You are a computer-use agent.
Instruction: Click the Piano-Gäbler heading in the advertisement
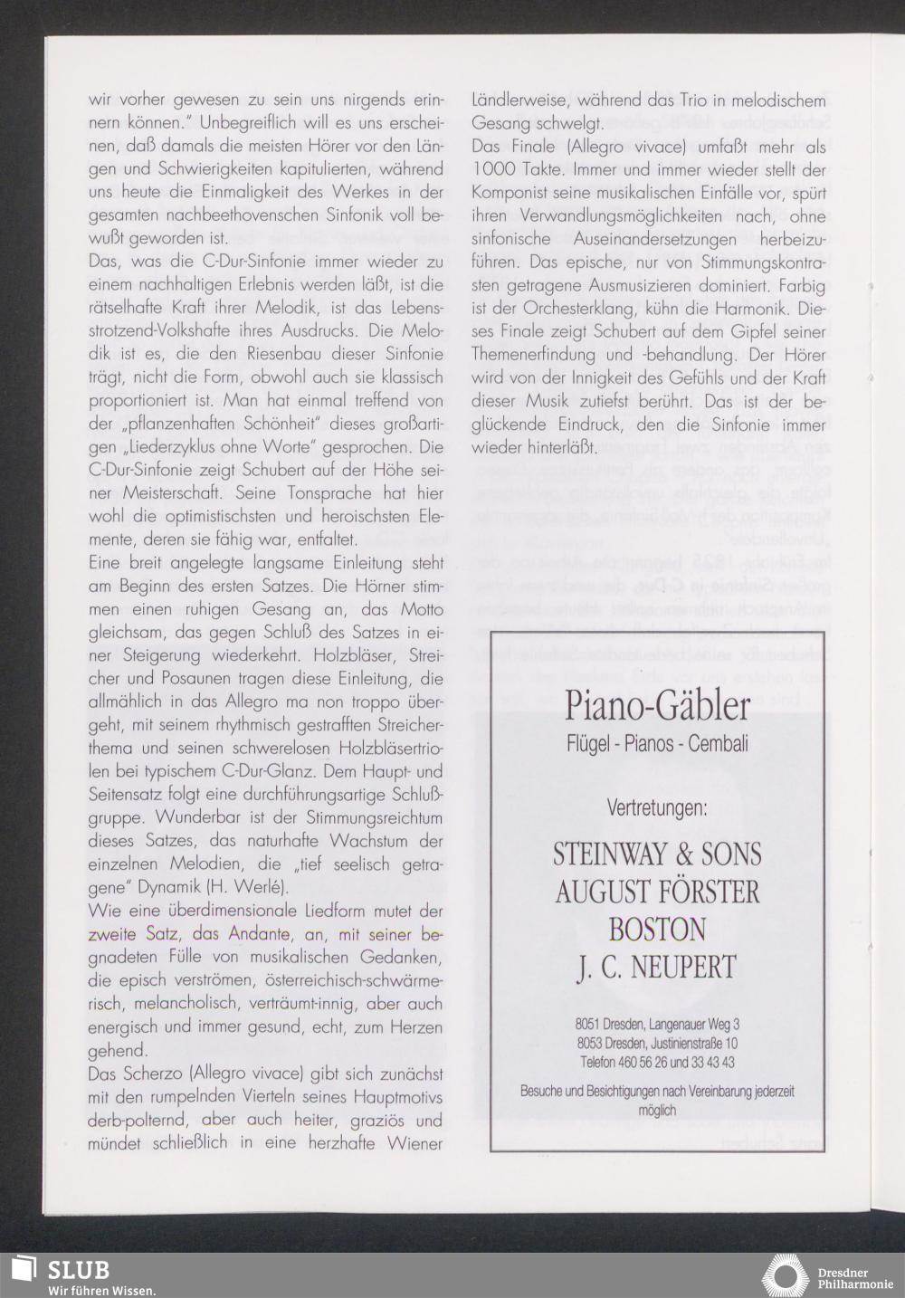(x=656, y=705)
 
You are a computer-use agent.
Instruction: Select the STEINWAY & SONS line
(x=657, y=854)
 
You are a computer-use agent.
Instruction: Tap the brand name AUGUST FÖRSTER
(x=657, y=892)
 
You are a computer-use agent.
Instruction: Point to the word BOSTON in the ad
(x=657, y=930)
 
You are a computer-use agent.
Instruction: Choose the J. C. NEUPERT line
(x=657, y=967)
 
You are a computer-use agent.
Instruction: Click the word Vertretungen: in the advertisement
(x=656, y=808)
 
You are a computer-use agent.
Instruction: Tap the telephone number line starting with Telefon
(x=657, y=1062)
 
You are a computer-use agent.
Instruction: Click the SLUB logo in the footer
(x=63, y=1270)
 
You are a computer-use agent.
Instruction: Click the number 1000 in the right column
(x=492, y=169)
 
